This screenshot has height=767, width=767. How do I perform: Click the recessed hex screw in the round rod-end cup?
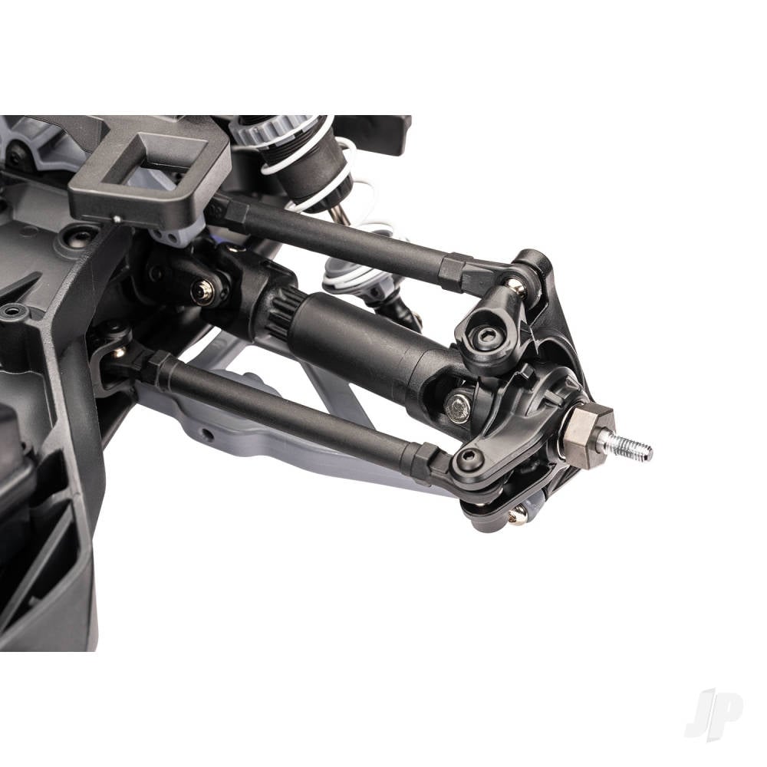pos(484,335)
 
